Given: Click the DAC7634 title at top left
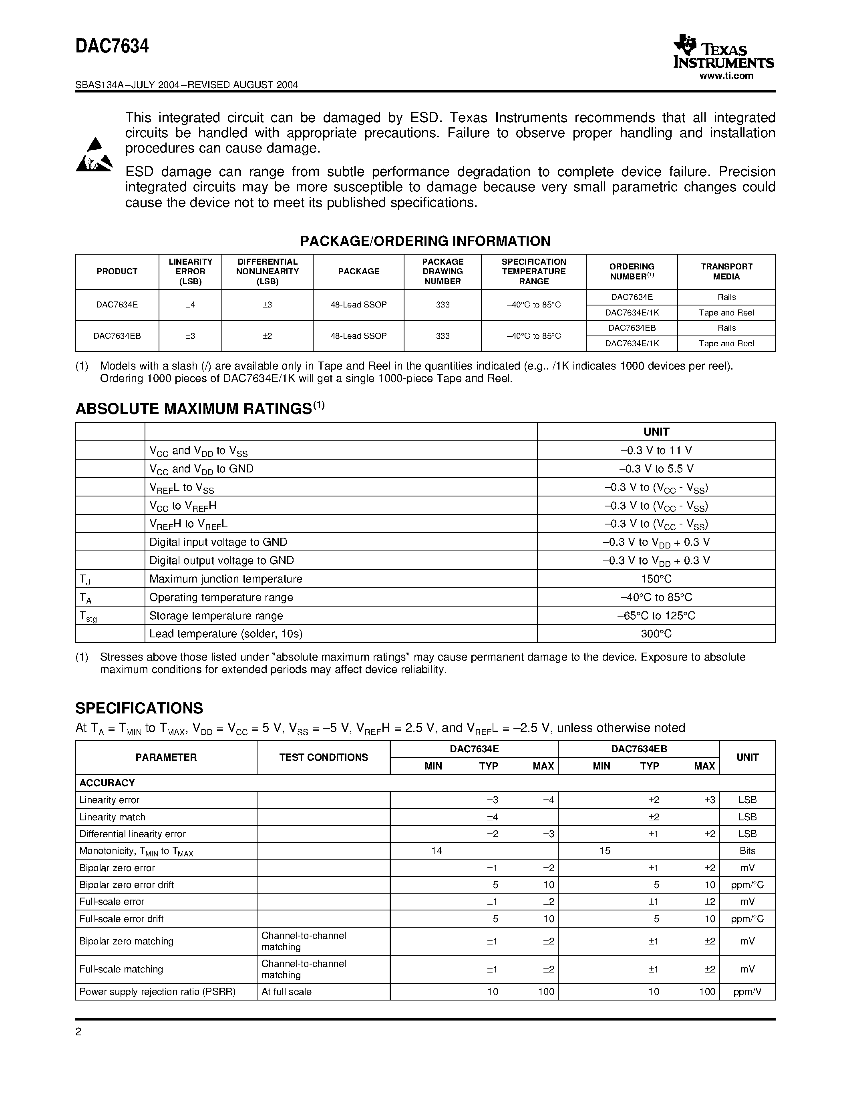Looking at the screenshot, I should (x=112, y=47).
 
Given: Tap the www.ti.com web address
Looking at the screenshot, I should (x=726, y=76).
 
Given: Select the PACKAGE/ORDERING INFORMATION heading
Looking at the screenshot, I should (x=425, y=241).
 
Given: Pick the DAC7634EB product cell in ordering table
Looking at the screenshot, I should (x=117, y=336).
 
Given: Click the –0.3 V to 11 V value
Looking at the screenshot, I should (x=656, y=450).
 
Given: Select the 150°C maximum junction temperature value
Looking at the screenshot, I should (x=656, y=579).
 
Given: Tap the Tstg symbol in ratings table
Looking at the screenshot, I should (x=88, y=616).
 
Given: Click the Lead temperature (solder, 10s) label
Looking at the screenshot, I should (x=226, y=634).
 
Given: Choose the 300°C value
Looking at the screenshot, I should (x=656, y=634).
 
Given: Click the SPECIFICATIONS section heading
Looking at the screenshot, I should (x=139, y=708).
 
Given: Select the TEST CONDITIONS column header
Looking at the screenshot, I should (x=323, y=757).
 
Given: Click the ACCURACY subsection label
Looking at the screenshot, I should (x=107, y=783).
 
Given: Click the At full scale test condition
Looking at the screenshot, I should (x=286, y=992).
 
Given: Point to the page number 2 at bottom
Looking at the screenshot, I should (x=78, y=1032).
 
